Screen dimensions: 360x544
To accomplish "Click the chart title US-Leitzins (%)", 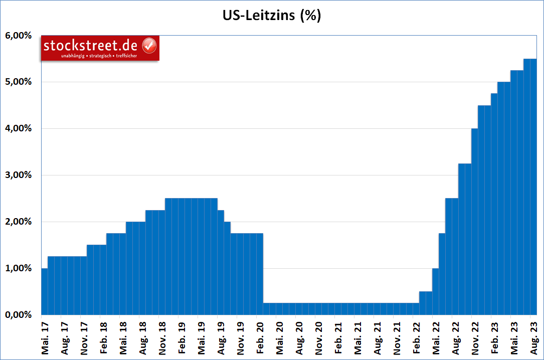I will (x=272, y=16).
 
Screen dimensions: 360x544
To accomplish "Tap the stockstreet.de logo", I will (x=100, y=48).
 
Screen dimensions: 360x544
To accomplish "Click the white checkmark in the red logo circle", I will (x=149, y=46).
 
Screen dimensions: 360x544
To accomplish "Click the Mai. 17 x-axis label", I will (x=45, y=335).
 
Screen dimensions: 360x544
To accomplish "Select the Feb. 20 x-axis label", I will (x=260, y=335).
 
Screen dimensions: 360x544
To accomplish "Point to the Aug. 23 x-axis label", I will (x=533, y=335).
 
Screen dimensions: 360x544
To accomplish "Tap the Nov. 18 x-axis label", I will (x=162, y=335).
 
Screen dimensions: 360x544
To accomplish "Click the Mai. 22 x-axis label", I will (x=436, y=335).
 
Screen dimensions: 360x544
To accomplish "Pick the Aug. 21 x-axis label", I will (x=377, y=335).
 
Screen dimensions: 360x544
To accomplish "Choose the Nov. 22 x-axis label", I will (x=475, y=335).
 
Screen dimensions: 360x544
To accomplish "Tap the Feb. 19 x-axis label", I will (x=182, y=335).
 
